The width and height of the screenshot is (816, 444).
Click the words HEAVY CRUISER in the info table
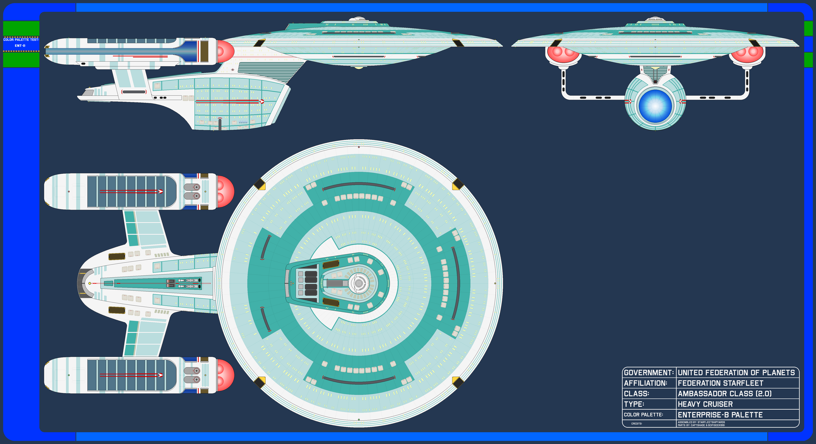coord(705,404)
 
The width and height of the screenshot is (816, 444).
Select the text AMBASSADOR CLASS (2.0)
coord(724,394)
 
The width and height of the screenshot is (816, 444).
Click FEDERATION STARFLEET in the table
coord(720,383)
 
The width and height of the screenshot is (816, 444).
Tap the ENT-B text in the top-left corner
coord(20,46)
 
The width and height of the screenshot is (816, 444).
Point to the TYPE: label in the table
coord(634,404)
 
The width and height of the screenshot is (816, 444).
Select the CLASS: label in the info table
coord(636,394)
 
